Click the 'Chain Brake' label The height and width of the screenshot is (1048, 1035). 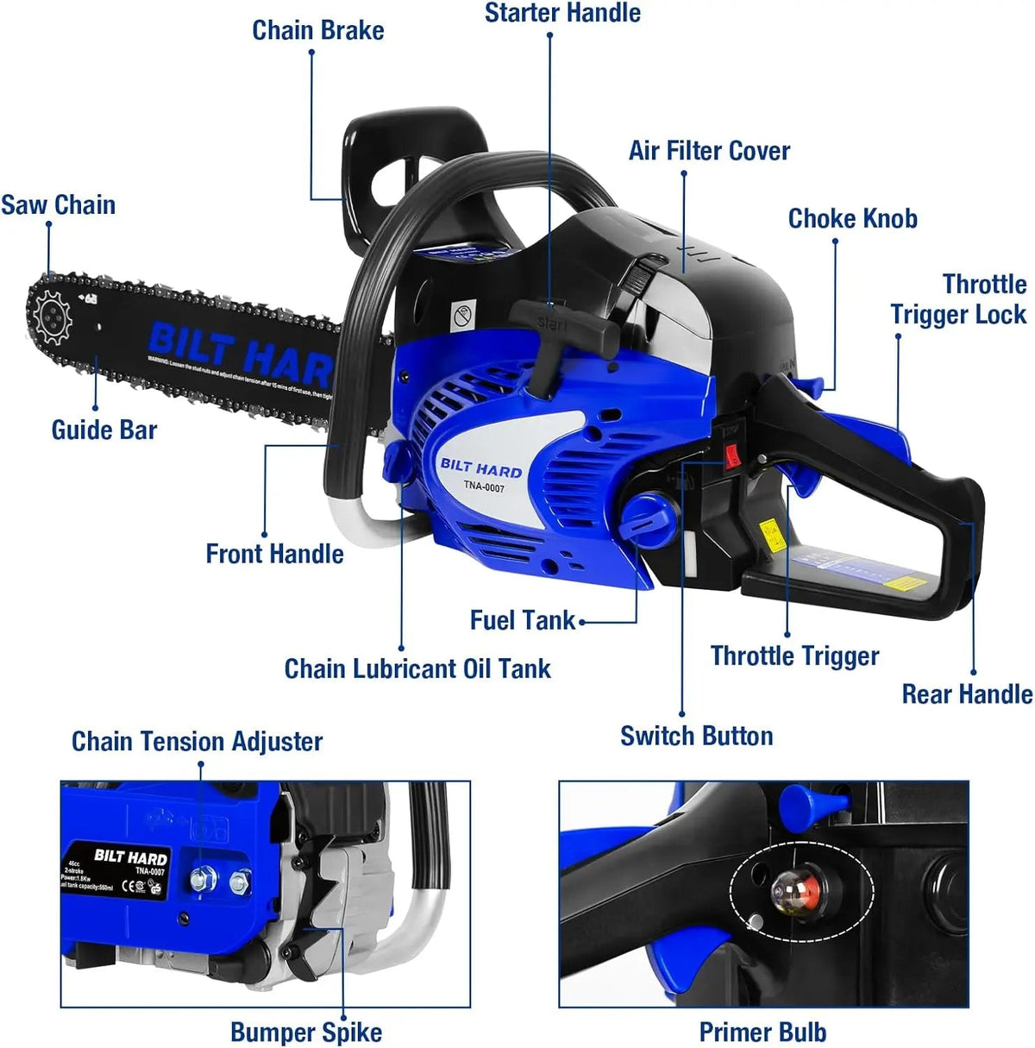[x=317, y=30]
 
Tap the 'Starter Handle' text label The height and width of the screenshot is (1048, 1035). [x=562, y=14]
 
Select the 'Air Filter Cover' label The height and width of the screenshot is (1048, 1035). [x=709, y=151]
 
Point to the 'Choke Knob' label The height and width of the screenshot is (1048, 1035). [x=852, y=219]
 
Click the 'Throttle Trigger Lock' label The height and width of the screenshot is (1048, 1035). [x=959, y=299]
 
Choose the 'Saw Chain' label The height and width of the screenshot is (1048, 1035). [x=58, y=205]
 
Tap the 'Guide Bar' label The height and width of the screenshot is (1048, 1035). [x=104, y=430]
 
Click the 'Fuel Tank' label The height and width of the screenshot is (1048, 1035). [x=523, y=620]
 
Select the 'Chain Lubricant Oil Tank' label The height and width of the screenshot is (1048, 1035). [x=417, y=668]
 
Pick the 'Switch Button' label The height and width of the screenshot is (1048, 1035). [x=696, y=736]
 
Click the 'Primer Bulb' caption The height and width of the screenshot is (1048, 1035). [x=762, y=1032]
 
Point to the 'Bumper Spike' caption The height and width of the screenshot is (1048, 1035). [x=306, y=1032]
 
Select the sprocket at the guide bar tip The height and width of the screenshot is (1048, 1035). [x=52, y=318]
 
